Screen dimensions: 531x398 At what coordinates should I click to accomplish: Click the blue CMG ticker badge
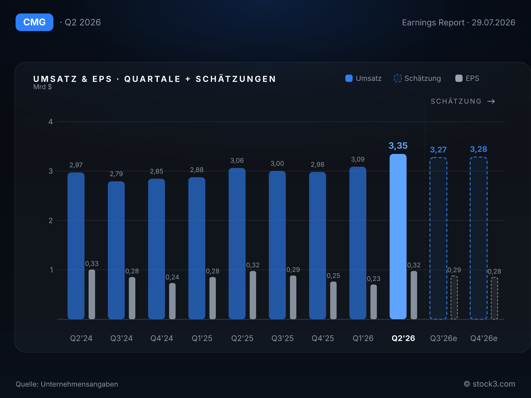click(x=35, y=22)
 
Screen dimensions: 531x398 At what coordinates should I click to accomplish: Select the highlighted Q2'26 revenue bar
click(x=398, y=236)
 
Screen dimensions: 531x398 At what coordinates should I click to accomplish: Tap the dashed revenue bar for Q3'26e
click(x=438, y=238)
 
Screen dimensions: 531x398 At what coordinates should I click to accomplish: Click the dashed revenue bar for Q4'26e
click(x=479, y=238)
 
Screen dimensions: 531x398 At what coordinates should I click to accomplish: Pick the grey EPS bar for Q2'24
click(x=92, y=294)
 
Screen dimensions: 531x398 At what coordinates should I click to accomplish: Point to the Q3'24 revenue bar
click(x=116, y=250)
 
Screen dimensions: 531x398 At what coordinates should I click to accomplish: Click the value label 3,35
click(x=398, y=146)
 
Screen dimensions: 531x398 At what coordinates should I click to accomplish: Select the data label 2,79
click(x=116, y=174)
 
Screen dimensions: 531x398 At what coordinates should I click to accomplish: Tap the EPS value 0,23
click(x=373, y=279)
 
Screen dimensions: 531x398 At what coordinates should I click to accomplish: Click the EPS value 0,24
click(x=172, y=277)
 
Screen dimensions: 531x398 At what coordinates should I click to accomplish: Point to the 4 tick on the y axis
click(x=50, y=122)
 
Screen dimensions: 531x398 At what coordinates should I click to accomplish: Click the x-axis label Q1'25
click(x=202, y=338)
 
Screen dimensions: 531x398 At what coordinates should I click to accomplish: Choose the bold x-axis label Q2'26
click(x=403, y=338)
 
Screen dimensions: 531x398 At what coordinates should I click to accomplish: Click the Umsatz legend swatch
click(x=349, y=78)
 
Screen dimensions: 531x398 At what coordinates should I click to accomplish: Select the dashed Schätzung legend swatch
click(x=398, y=78)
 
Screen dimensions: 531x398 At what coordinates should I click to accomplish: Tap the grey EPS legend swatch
click(x=459, y=78)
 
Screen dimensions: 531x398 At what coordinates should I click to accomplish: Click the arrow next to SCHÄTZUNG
click(x=491, y=101)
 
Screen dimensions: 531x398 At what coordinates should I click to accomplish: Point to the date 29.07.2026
click(x=493, y=23)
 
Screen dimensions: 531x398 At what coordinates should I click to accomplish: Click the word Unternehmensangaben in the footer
click(x=79, y=384)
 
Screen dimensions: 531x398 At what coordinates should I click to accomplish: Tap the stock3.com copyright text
click(x=490, y=384)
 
